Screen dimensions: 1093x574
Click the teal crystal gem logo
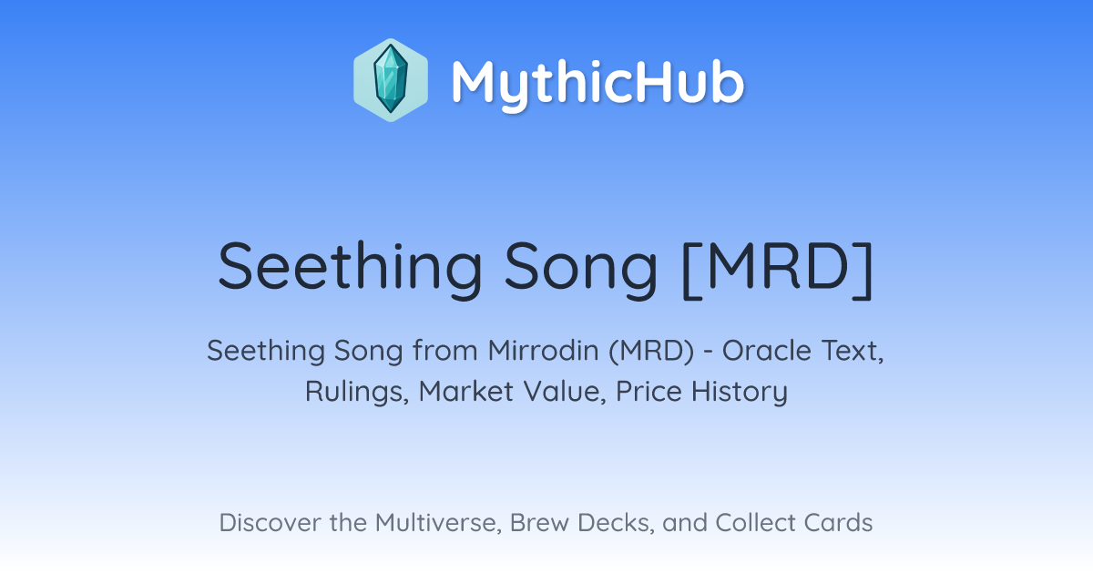coord(391,79)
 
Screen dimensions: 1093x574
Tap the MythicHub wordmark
coord(598,84)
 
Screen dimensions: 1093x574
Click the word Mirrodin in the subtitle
coord(543,351)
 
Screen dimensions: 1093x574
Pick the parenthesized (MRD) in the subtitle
coord(651,352)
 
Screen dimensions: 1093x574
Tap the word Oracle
coord(767,351)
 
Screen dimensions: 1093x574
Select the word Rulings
coord(357,392)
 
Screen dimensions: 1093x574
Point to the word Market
coord(466,391)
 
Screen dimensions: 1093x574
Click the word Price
coord(649,391)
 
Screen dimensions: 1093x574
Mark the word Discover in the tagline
coord(270,523)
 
